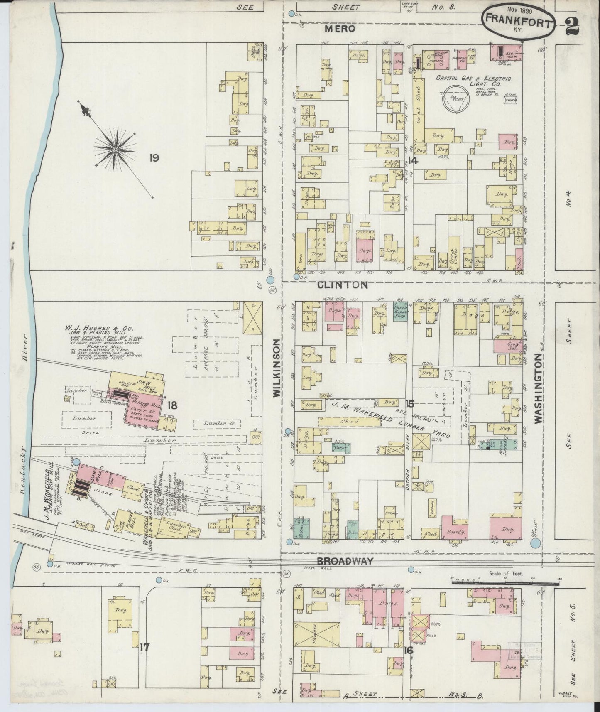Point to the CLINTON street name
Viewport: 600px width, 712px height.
[x=343, y=285]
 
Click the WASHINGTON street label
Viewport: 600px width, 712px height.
[x=538, y=389]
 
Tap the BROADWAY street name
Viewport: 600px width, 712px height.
[x=345, y=561]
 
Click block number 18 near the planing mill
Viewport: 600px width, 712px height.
[x=172, y=405]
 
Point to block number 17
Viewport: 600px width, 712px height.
[x=144, y=647]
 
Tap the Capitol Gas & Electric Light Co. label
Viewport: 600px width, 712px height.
[x=473, y=81]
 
